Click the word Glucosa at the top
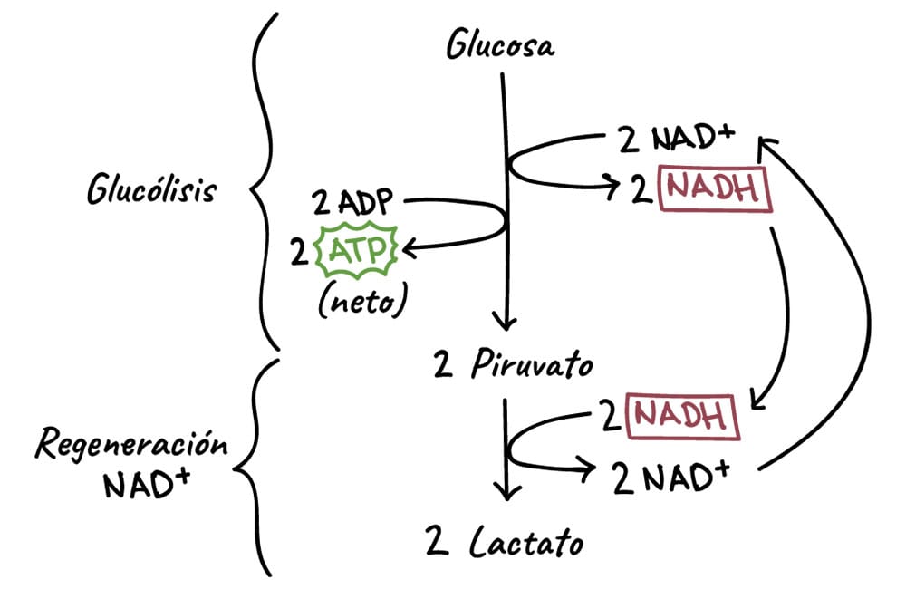pos(499,45)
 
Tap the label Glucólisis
pos(151,191)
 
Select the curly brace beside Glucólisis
pos(260,181)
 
